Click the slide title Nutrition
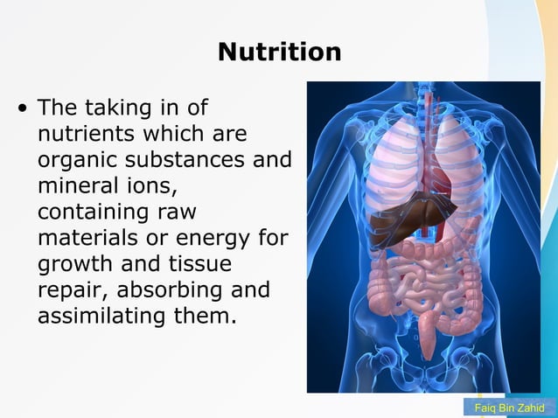coord(279,52)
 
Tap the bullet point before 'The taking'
coord(22,110)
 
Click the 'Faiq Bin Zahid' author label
coord(508,408)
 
